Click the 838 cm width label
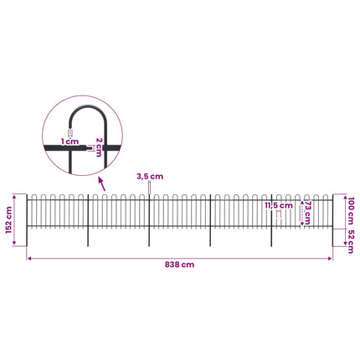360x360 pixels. coord(179,265)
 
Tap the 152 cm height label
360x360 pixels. coord(9,220)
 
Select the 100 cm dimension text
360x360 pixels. coord(351,211)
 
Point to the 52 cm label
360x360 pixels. coord(351,242)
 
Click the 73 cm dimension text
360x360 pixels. coord(307,213)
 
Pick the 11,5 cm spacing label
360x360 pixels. coord(279,206)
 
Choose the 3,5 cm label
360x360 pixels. coord(150,177)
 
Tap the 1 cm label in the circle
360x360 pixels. coord(69,141)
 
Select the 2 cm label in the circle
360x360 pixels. coord(99,147)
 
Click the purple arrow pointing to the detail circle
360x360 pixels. coord(102,184)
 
